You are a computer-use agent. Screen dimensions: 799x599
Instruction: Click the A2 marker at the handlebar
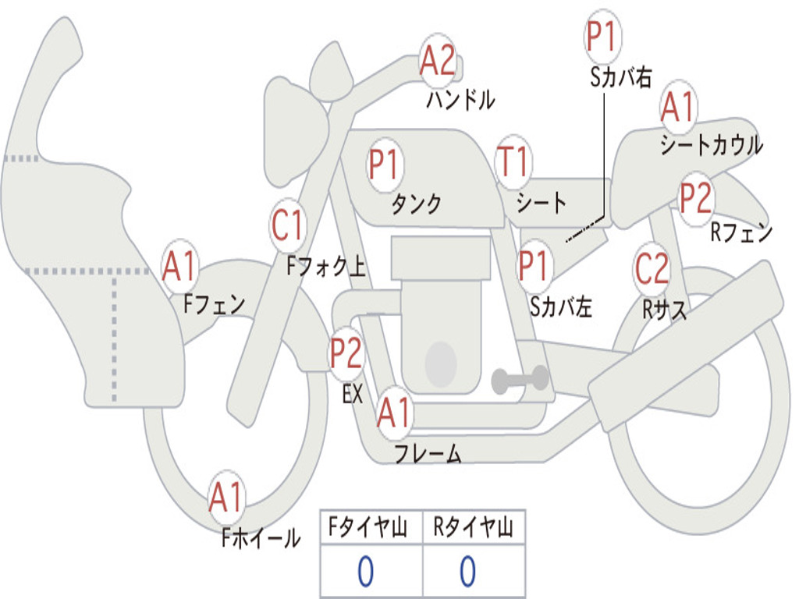tap(437, 61)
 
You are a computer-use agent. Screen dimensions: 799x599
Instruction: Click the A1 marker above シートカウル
tap(678, 108)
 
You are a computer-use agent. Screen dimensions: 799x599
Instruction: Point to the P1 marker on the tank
tap(384, 165)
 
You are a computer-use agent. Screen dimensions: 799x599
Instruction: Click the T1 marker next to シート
tap(513, 163)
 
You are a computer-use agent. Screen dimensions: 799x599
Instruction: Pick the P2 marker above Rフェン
tap(695, 199)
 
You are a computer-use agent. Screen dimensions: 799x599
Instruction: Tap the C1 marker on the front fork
tap(287, 227)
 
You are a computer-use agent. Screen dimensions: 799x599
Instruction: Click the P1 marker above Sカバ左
tap(535, 266)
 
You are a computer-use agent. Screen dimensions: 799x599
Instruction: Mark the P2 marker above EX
tap(346, 353)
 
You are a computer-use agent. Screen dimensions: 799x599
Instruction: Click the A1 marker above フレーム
tap(393, 413)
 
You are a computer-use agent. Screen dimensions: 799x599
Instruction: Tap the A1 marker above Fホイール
tap(226, 498)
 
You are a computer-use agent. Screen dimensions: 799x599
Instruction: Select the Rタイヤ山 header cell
tap(474, 528)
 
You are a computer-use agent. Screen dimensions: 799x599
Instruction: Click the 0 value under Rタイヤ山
tap(467, 572)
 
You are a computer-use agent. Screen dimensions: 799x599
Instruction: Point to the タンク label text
tap(416, 204)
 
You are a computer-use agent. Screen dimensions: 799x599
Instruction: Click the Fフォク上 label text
tap(326, 268)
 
